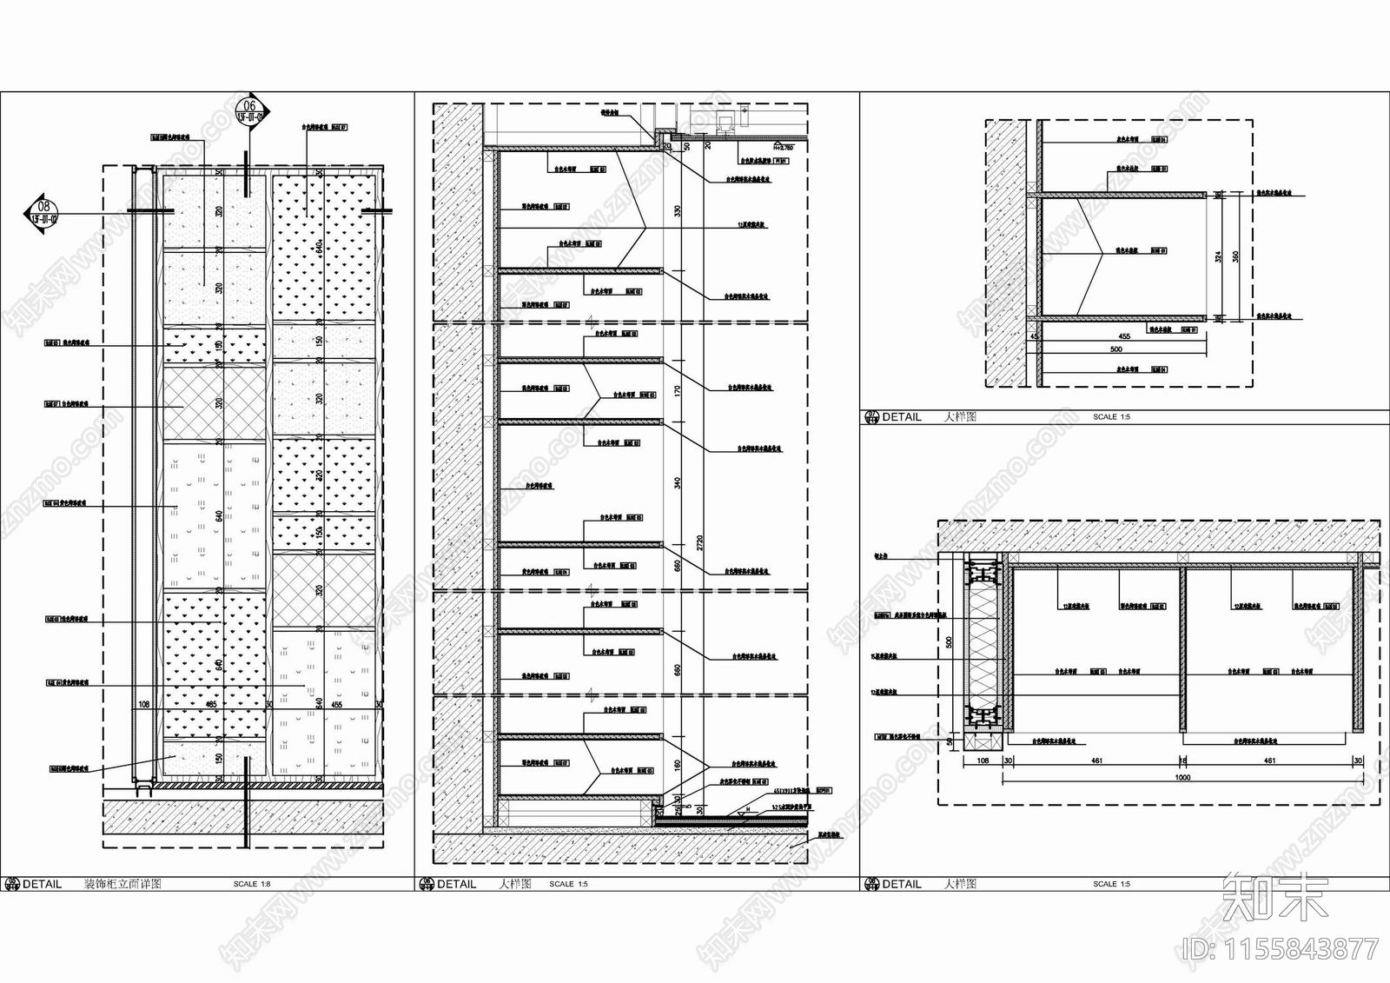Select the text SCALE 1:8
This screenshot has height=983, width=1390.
pos(252,884)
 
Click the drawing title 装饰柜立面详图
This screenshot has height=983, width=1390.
pos(122,884)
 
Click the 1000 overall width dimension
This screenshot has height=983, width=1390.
pos(1182,778)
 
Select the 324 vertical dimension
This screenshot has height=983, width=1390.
pos(1219,256)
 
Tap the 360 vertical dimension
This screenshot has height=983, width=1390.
pos(1235,256)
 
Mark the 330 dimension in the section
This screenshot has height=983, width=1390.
pos(678,211)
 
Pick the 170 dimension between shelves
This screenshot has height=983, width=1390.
pos(678,390)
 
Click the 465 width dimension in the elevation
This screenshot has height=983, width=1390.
pos(211,706)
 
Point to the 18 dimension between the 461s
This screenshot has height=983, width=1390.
pos(1183,760)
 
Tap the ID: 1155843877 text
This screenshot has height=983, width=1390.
pos(1281,947)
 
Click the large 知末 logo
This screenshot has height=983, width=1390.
pos(1275,897)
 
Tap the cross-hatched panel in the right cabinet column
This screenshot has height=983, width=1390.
pos(324,591)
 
